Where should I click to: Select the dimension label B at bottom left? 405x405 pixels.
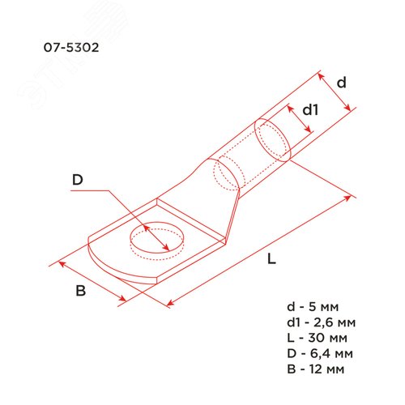point(80,292)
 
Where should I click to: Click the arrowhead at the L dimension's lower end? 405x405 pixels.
point(171,305)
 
